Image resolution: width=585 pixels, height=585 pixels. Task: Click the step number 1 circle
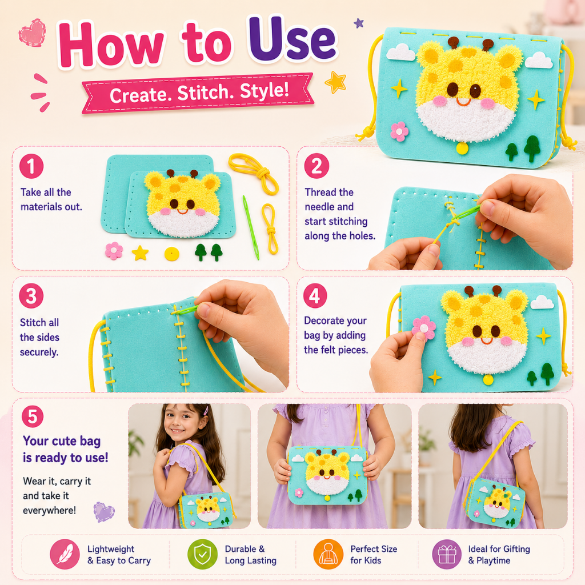(x=31, y=166)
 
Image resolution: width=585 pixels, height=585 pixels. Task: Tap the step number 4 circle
(x=315, y=296)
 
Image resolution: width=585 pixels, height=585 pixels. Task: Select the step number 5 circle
(x=33, y=416)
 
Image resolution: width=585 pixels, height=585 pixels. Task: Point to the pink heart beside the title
(x=33, y=33)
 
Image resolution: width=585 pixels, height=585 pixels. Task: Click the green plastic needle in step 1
(x=251, y=227)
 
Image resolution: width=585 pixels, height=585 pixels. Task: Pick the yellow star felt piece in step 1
(x=141, y=253)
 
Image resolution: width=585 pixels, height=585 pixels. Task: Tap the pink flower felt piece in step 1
(x=114, y=251)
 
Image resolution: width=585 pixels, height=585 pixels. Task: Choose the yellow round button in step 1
(x=171, y=254)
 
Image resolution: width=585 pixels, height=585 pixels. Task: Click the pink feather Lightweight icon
(x=65, y=554)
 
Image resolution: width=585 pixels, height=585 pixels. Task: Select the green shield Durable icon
(x=202, y=554)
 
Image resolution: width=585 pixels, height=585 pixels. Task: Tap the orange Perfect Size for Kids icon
(x=328, y=554)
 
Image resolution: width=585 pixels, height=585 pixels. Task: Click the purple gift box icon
(x=447, y=554)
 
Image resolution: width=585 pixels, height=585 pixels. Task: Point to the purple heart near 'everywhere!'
(x=103, y=511)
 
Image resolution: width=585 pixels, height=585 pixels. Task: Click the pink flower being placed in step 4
(x=424, y=327)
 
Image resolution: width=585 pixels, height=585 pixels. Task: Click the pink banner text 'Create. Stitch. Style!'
(x=199, y=93)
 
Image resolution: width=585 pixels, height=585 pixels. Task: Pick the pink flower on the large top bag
(x=399, y=132)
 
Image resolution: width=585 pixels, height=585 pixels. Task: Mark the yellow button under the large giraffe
(x=462, y=149)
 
